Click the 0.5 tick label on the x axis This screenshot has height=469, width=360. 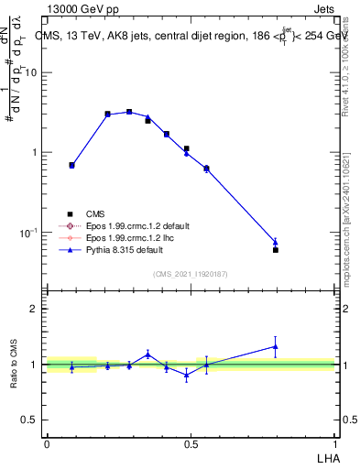[x=191, y=442]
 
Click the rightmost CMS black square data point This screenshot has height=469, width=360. [x=276, y=249]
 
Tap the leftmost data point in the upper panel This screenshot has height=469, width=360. [x=72, y=165]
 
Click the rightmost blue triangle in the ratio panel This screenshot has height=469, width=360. [x=276, y=346]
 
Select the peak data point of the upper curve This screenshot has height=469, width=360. [x=129, y=112]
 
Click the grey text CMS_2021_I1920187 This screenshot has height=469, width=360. [x=191, y=273]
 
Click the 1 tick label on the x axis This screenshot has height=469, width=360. [x=334, y=442]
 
